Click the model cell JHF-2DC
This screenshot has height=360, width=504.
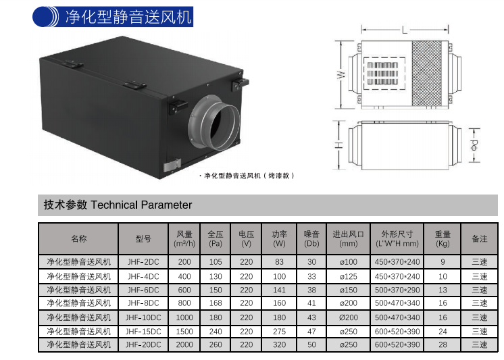point(143,262)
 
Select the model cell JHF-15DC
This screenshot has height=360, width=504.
point(143,332)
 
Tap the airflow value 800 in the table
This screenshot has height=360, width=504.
point(184,303)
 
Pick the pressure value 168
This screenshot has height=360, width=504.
point(216,303)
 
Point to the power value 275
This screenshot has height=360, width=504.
point(279,332)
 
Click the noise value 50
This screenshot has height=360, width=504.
point(311,345)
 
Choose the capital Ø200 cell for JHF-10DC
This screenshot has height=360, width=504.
point(349,317)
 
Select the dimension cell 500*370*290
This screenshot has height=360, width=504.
point(397,290)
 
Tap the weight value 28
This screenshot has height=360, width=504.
point(443,345)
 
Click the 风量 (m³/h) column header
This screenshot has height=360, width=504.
point(184,239)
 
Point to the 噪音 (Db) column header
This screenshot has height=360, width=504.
point(311,239)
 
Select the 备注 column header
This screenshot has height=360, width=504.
point(480,239)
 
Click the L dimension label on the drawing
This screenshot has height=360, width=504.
point(405,30)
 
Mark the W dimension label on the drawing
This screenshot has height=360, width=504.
point(341,74)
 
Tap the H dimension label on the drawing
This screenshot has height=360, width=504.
point(338,145)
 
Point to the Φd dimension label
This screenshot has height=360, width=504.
point(474,145)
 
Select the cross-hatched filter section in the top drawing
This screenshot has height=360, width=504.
point(427,74)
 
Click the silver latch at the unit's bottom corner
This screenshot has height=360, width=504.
point(172,165)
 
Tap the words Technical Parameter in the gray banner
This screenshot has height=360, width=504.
point(141,205)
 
